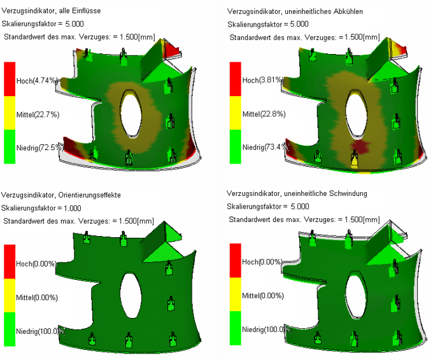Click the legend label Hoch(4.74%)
click(x=37, y=81)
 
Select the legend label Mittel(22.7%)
click(x=38, y=114)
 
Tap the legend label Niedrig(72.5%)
click(x=39, y=148)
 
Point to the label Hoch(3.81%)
click(x=262, y=80)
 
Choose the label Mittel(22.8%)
click(x=264, y=114)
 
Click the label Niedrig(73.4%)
click(x=266, y=147)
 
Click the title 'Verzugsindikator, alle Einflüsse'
click(x=52, y=11)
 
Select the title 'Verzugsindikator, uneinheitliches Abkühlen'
click(x=295, y=11)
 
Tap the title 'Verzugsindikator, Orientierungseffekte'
click(x=61, y=195)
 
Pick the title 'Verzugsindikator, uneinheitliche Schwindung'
click(x=297, y=193)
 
